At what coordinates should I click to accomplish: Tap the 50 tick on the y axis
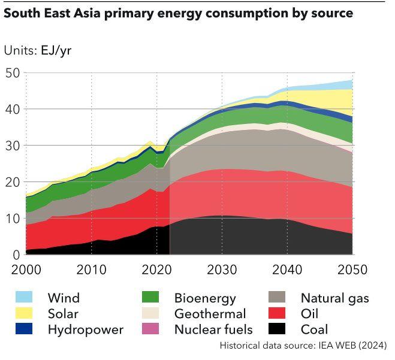[13, 73]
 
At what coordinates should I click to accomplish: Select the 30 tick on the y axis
[13, 146]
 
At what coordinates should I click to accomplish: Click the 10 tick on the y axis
[13, 218]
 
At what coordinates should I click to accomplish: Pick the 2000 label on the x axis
[26, 269]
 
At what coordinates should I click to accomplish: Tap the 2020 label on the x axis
[156, 269]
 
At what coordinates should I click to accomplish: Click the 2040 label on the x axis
[287, 269]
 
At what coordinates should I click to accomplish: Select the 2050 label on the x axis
[351, 269]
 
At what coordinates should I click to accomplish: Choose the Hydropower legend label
[85, 329]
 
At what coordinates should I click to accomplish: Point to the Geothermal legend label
[210, 313]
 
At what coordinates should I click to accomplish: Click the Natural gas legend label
[334, 298]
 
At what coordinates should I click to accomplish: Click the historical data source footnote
[303, 346]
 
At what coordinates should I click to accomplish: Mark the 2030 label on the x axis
[222, 269]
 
